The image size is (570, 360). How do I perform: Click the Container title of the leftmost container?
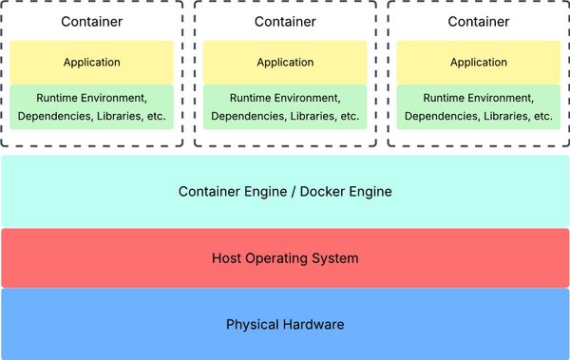click(x=91, y=21)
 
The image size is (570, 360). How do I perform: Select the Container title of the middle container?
click(x=285, y=21)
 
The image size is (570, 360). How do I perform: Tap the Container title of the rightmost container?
click(x=478, y=21)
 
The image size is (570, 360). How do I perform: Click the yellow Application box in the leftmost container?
click(x=91, y=63)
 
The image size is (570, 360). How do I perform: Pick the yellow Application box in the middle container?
click(x=285, y=63)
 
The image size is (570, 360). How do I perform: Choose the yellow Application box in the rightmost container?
click(x=478, y=63)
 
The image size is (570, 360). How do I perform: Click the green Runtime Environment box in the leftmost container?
click(x=91, y=106)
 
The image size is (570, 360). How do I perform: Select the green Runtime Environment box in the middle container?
click(x=285, y=106)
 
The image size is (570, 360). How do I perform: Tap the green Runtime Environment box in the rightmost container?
click(x=478, y=106)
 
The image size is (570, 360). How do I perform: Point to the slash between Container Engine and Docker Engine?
click(x=293, y=192)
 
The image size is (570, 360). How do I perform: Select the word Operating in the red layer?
click(x=280, y=258)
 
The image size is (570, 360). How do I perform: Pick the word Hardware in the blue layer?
click(x=314, y=325)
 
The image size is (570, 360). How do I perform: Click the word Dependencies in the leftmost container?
click(x=52, y=117)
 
